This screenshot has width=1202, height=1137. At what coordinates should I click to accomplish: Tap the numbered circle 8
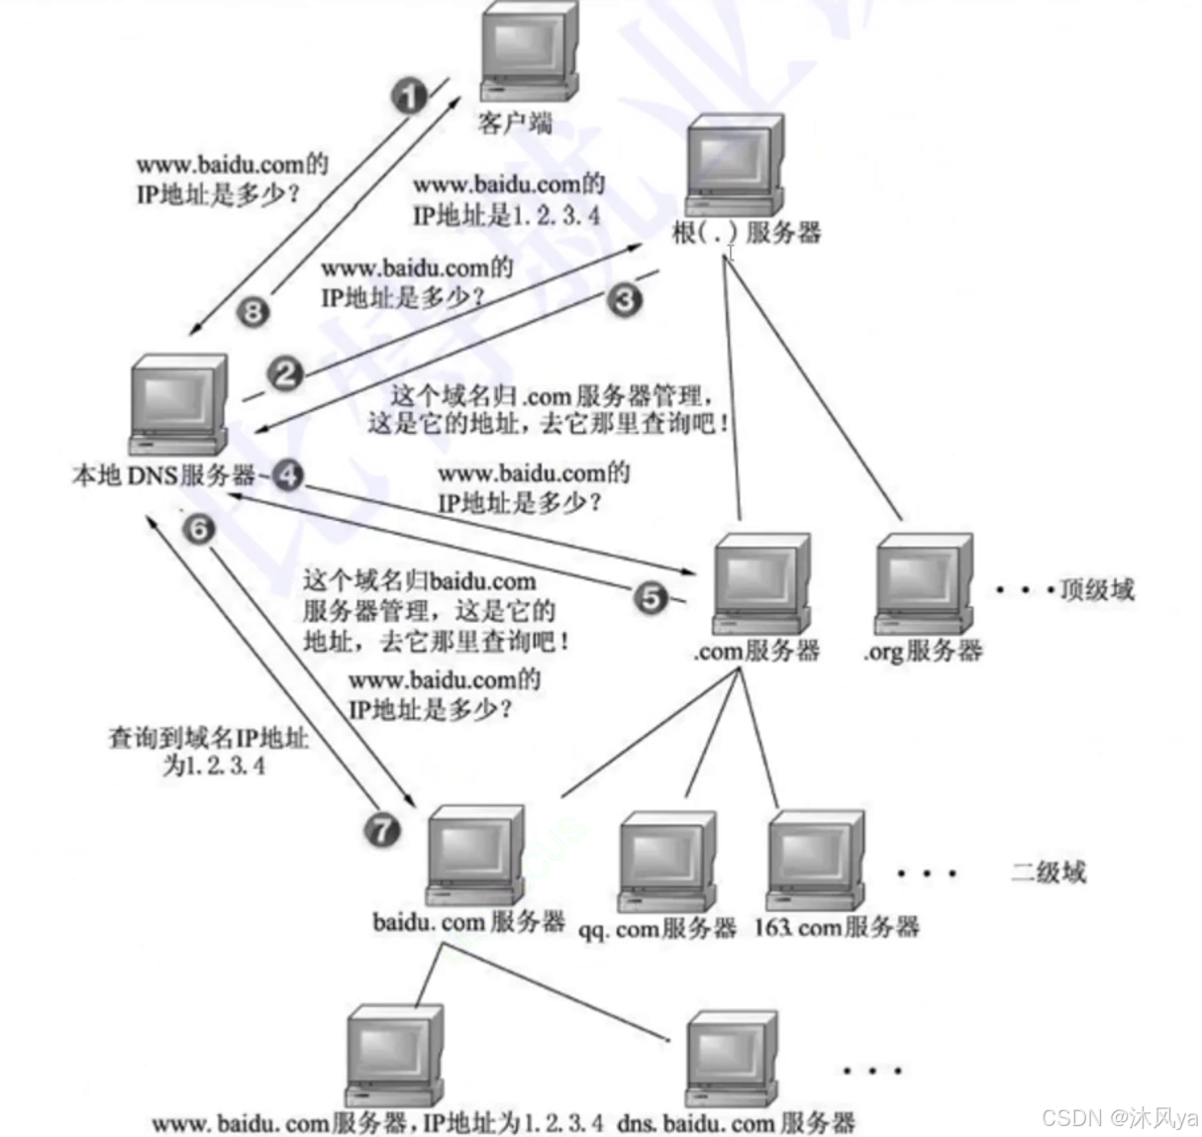(x=253, y=313)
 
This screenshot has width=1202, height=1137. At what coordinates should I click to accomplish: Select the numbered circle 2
(x=285, y=374)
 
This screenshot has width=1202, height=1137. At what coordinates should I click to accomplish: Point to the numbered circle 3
(x=624, y=299)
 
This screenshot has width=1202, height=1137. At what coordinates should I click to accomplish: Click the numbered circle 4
(x=286, y=476)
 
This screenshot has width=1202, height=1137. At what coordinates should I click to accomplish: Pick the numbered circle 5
(x=651, y=598)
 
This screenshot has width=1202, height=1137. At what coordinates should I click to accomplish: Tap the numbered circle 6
(x=199, y=530)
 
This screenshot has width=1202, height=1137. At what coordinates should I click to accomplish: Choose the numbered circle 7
(x=383, y=829)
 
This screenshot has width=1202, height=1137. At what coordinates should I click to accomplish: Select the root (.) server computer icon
(x=734, y=164)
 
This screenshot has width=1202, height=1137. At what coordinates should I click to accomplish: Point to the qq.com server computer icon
(x=666, y=860)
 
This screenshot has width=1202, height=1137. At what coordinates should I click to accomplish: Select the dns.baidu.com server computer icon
(x=732, y=1059)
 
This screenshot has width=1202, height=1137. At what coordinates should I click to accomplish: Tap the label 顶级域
(x=1096, y=590)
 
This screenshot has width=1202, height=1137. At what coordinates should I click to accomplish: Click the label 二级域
(x=1048, y=872)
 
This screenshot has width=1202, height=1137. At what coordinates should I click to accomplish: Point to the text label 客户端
(x=515, y=124)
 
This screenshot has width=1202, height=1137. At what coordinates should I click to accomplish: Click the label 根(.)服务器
(x=747, y=233)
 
